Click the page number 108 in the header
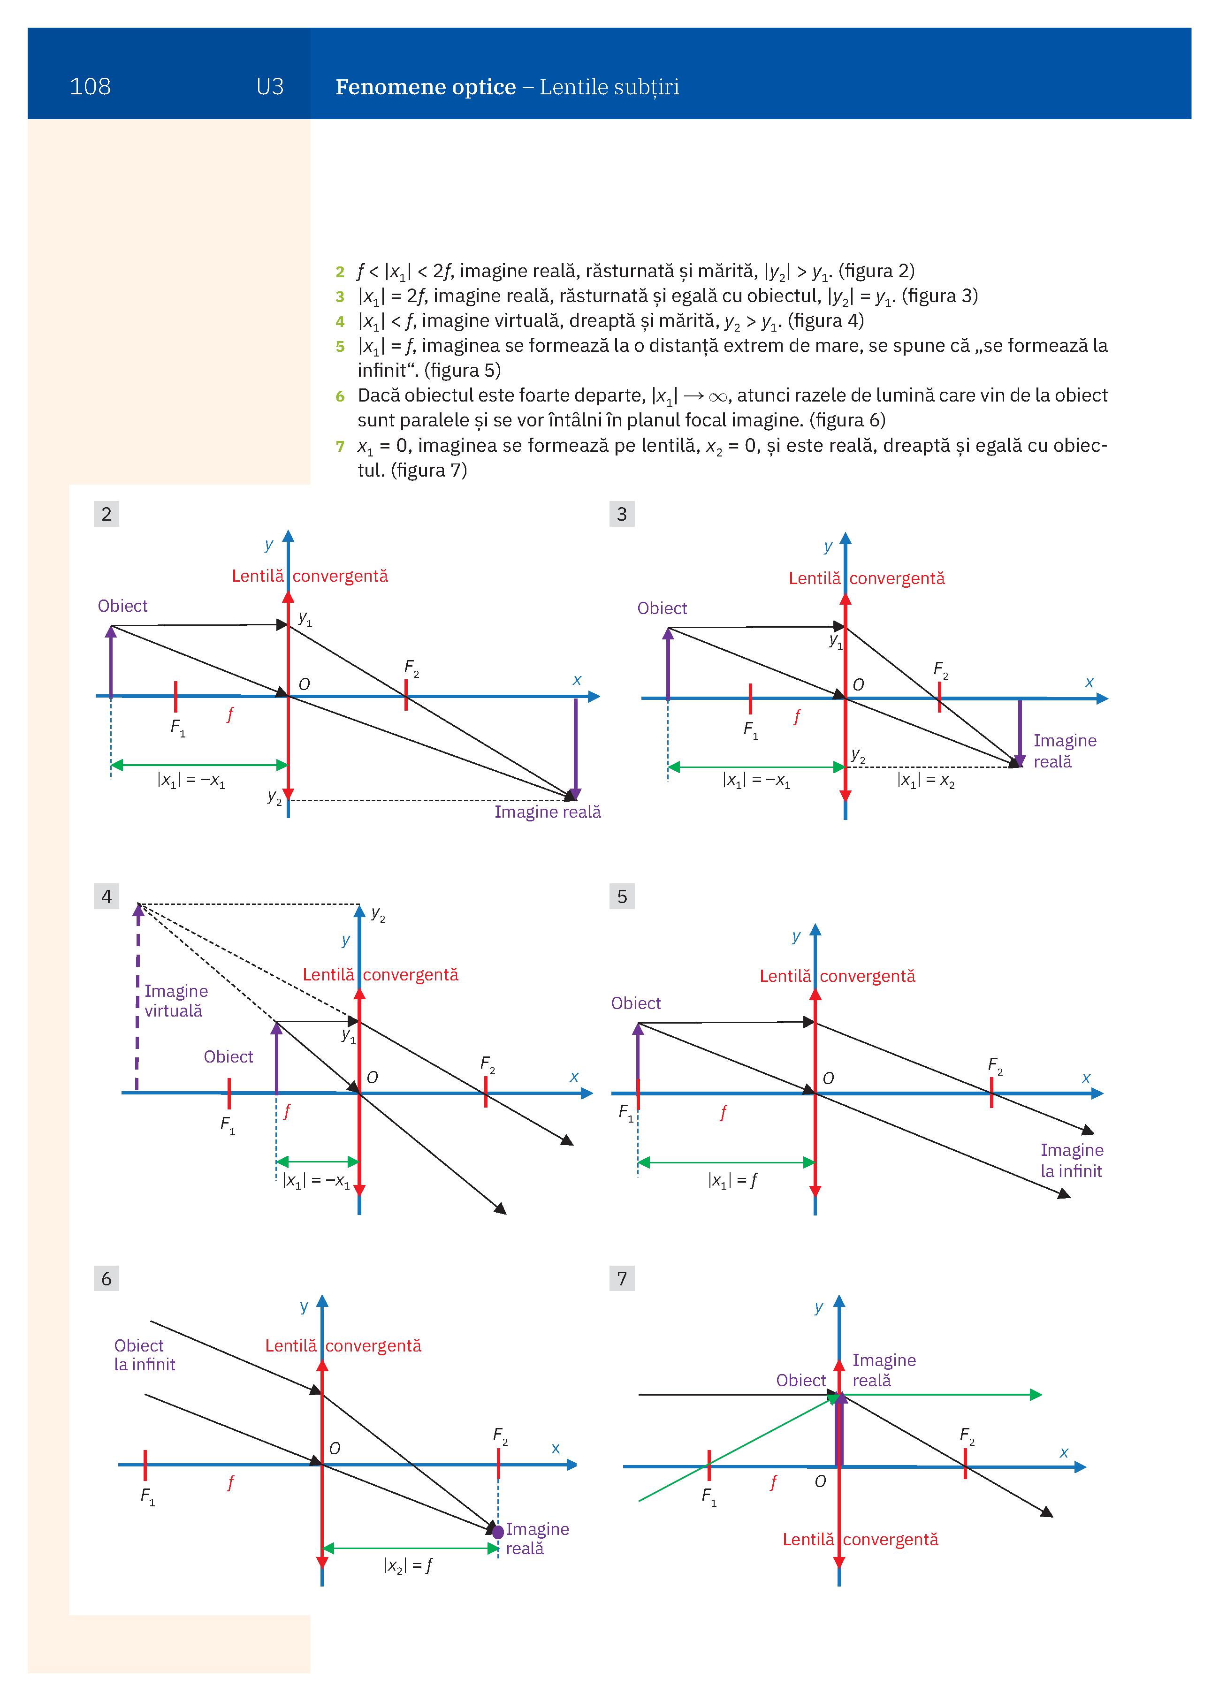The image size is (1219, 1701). pyautogui.click(x=90, y=86)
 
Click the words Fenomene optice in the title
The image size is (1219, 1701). pyautogui.click(x=426, y=87)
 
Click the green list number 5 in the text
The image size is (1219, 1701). pyautogui.click(x=340, y=347)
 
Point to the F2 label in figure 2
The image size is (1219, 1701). pyautogui.click(x=411, y=668)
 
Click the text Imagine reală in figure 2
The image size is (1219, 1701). pyautogui.click(x=548, y=812)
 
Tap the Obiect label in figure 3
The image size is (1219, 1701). pyautogui.click(x=662, y=608)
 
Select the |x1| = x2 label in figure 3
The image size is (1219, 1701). pyautogui.click(x=926, y=781)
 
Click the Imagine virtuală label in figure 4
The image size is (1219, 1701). pyautogui.click(x=175, y=1001)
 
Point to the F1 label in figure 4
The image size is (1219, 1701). pyautogui.click(x=227, y=1125)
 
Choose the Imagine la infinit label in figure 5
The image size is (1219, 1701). pyautogui.click(x=1071, y=1160)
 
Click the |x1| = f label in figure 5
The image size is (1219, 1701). pyautogui.click(x=732, y=1180)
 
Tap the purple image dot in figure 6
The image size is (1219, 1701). pyautogui.click(x=497, y=1531)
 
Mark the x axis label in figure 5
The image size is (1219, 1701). pyautogui.click(x=1085, y=1078)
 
